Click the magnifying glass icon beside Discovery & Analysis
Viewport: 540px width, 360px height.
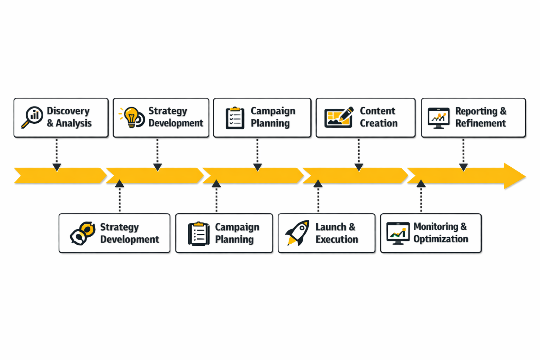(x=32, y=117)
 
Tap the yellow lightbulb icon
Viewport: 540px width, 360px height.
(x=131, y=117)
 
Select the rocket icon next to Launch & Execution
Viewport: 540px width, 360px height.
(x=298, y=233)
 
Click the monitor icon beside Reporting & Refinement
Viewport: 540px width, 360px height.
(x=438, y=117)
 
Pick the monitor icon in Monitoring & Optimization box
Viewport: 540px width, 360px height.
(x=398, y=233)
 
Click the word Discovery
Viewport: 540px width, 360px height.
(x=68, y=111)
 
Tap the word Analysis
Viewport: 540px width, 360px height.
(x=73, y=123)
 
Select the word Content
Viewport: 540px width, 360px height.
(x=378, y=111)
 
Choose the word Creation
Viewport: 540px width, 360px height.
(x=379, y=123)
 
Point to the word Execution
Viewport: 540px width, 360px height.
(x=337, y=239)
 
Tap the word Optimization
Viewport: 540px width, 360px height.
(x=441, y=239)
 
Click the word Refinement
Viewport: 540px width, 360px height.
(x=481, y=123)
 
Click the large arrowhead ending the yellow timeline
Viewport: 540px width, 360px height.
(x=514, y=176)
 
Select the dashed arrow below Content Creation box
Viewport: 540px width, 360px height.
(x=359, y=155)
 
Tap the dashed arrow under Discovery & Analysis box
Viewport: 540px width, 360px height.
(x=57, y=155)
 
